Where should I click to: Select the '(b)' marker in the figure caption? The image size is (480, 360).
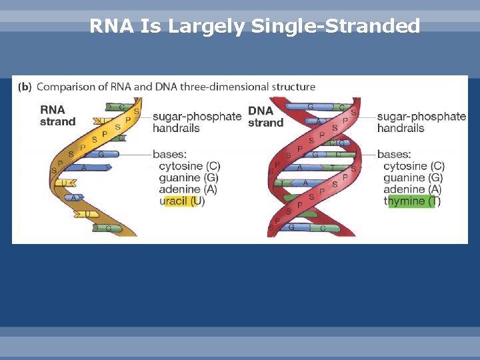24,87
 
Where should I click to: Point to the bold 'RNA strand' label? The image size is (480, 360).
57,115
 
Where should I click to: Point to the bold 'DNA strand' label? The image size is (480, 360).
265,116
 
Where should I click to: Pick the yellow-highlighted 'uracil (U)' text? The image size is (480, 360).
181,201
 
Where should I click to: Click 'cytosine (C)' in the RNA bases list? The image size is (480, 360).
189,166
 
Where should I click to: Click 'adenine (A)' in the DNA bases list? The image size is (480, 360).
412,189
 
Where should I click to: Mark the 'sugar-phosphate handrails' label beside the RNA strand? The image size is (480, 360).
197,122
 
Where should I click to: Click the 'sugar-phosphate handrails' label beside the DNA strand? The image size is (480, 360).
421,122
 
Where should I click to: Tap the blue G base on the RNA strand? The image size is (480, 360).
100,155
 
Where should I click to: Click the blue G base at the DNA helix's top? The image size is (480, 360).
310,106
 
